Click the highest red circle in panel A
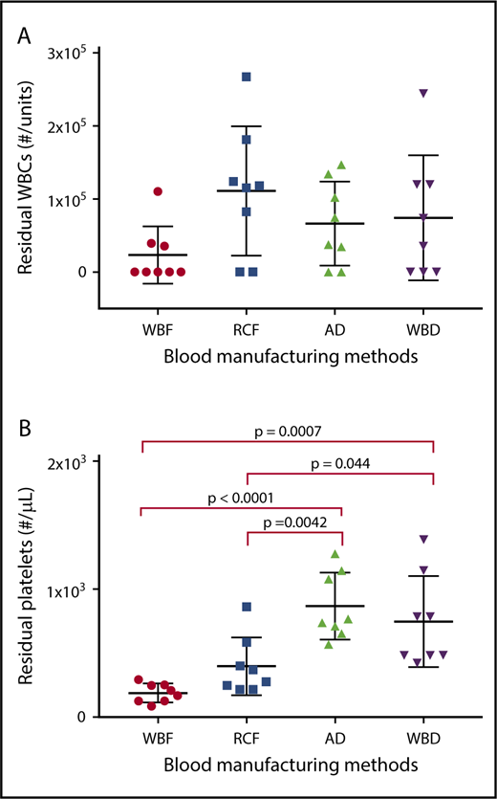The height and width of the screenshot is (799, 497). [x=158, y=191]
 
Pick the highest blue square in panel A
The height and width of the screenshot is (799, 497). [x=247, y=77]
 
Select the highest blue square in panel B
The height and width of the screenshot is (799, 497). [x=247, y=607]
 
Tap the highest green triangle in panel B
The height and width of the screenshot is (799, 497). [x=335, y=554]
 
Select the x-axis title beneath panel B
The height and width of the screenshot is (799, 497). [x=290, y=766]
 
